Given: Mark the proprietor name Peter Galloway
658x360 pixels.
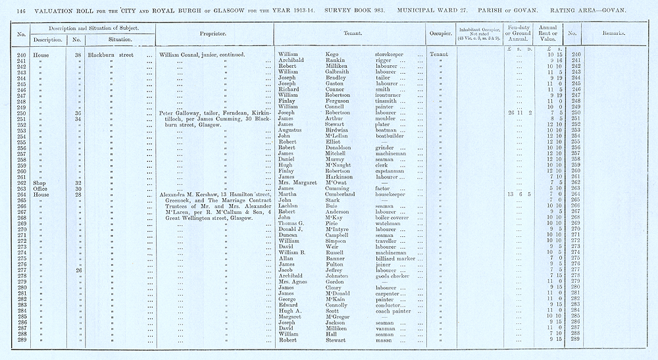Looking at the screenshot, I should [180, 113].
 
